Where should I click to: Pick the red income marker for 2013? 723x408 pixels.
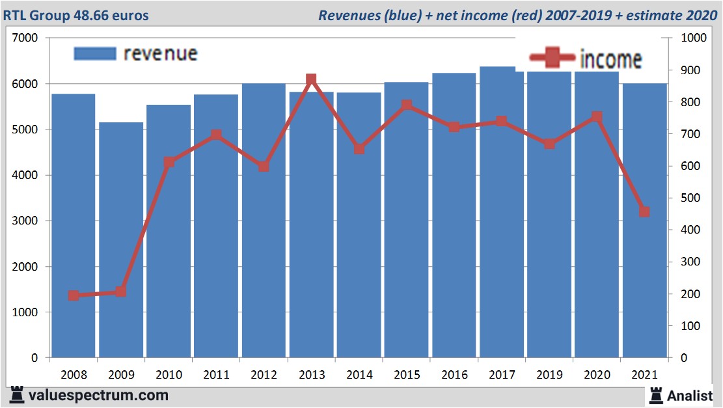coord(311,79)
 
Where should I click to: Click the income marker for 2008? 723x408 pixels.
coord(74,295)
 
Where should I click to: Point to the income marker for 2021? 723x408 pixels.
coord(644,211)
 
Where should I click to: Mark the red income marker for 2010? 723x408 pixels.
coord(169,162)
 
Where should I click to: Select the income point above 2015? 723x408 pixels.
coord(407,105)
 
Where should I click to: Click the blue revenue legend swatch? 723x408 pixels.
coord(95,53)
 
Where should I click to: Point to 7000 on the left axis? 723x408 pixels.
coord(26,38)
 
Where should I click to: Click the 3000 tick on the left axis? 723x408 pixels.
coord(26,221)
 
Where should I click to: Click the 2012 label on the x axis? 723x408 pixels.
coord(264,375)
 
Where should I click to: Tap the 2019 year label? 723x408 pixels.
coord(549,375)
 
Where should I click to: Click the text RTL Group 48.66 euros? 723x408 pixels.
coord(75,15)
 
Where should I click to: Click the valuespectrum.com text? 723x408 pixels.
coord(98,395)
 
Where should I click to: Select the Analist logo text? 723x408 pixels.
coord(690,395)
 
